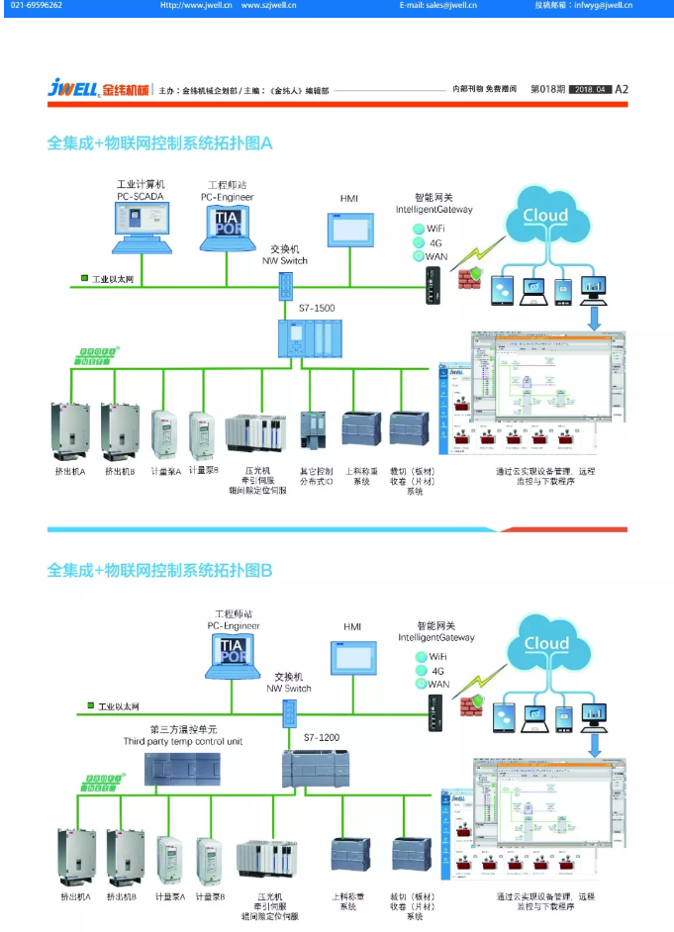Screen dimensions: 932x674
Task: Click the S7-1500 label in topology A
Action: (x=317, y=308)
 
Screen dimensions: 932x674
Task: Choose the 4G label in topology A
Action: (x=435, y=242)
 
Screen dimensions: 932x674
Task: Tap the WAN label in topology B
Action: (x=437, y=684)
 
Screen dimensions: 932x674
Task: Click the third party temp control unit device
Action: (x=183, y=768)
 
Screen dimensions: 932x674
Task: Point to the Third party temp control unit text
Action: (x=183, y=741)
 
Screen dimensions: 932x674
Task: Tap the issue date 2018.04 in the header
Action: (x=590, y=89)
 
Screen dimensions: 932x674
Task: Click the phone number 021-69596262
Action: (x=37, y=6)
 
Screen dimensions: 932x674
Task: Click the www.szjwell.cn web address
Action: (x=268, y=6)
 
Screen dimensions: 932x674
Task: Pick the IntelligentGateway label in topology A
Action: (x=433, y=210)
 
